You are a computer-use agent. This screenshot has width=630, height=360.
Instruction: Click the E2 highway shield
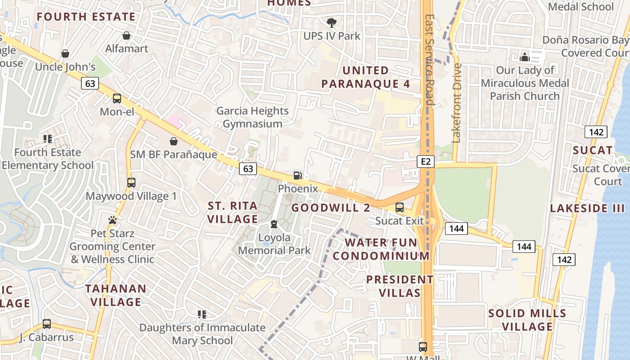pos(425,161)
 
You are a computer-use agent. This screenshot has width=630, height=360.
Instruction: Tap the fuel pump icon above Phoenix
pos(297,175)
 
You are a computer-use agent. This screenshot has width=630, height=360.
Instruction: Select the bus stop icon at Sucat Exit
pos(399,207)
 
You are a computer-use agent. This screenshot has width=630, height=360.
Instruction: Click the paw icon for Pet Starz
pos(112,220)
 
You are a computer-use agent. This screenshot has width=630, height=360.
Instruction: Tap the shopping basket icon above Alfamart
pos(126,35)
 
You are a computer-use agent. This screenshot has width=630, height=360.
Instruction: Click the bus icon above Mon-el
pos(117,98)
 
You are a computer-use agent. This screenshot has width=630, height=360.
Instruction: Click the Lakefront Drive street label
pos(457,103)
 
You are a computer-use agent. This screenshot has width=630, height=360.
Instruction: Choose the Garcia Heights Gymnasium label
pos(252,117)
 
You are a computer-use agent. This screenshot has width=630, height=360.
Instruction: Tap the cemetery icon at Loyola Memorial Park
pos(274,224)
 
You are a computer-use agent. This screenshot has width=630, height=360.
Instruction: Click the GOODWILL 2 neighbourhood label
pos(331,207)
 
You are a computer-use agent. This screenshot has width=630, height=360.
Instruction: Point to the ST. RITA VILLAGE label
pos(232,212)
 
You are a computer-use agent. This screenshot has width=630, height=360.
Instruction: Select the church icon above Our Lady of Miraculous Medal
pos(524,57)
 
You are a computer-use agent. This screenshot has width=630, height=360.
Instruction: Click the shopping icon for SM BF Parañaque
pos(174,141)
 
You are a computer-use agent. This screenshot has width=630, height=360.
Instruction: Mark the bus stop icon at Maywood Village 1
pos(131,183)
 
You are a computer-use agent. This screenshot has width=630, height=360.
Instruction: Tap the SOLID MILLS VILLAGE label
pos(527,319)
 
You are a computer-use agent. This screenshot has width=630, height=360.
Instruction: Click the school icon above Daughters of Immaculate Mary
pos(202,314)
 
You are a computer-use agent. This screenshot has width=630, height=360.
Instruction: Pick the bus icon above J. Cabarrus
pos(46,324)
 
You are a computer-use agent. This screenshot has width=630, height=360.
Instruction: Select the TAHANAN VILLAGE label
pos(116,295)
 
